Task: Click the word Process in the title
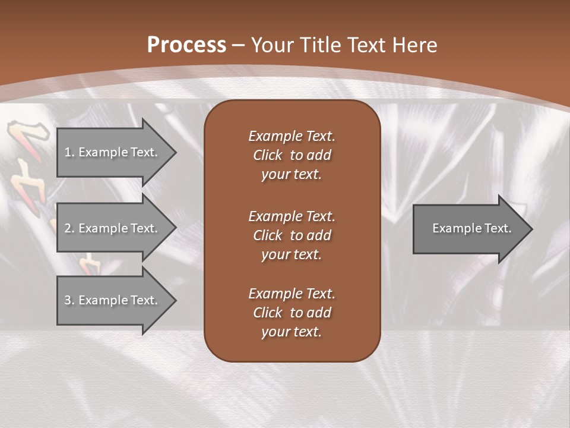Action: (x=186, y=45)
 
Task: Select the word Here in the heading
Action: (x=414, y=45)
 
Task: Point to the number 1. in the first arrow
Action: (x=69, y=152)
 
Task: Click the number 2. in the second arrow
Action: (x=69, y=228)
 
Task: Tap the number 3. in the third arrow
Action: (x=69, y=300)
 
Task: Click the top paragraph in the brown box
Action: (x=292, y=155)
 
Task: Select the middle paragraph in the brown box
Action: (x=292, y=235)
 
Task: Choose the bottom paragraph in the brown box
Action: (x=292, y=313)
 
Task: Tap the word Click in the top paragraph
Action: (x=268, y=155)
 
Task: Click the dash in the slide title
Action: (x=239, y=45)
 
